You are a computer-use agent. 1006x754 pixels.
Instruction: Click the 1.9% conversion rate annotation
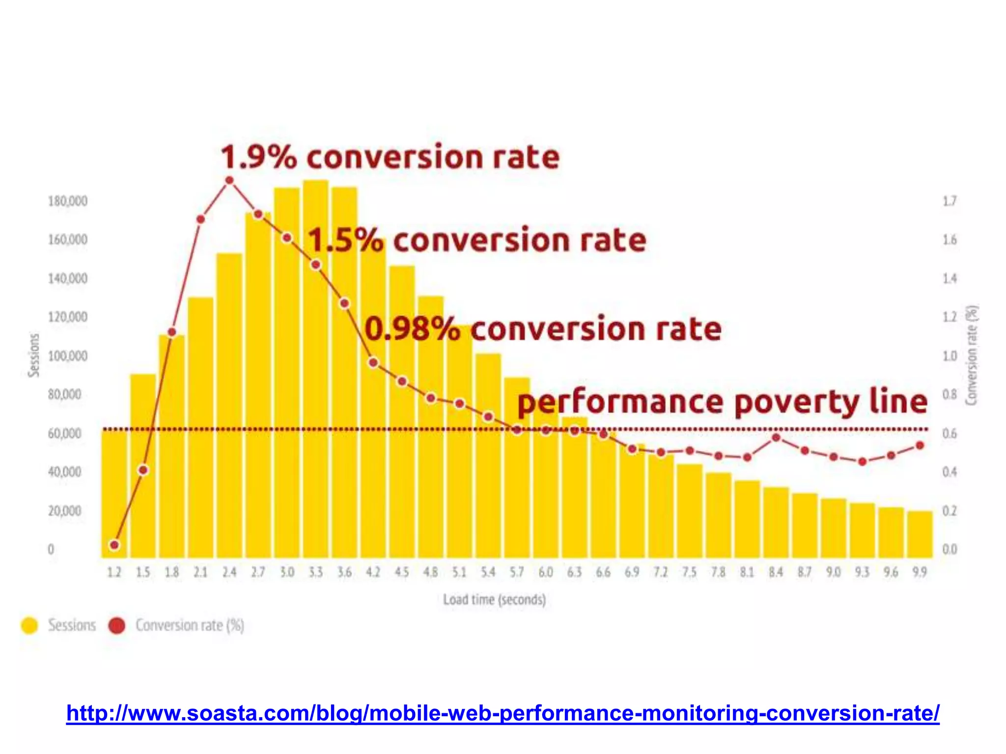click(x=390, y=158)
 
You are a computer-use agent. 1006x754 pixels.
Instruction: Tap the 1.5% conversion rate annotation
click(x=476, y=241)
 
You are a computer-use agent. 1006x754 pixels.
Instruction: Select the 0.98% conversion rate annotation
click(x=543, y=329)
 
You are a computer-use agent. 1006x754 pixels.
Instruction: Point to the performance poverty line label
click(x=722, y=403)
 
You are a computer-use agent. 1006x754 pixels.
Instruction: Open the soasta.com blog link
click(x=503, y=713)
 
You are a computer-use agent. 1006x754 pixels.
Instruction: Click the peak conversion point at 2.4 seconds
click(x=229, y=181)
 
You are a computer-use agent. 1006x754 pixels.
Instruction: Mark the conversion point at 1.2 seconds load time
click(x=114, y=545)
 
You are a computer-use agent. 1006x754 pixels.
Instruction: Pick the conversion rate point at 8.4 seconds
click(x=776, y=437)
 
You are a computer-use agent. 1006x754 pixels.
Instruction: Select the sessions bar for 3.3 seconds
click(x=315, y=368)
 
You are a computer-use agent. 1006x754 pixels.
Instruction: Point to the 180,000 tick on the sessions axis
click(x=68, y=201)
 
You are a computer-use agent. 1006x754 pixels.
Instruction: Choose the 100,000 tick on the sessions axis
click(x=68, y=356)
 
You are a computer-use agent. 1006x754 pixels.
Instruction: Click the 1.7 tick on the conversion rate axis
click(x=950, y=201)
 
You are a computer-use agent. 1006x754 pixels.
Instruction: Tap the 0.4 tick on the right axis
click(x=950, y=472)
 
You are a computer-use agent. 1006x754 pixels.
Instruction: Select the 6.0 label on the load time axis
click(x=545, y=572)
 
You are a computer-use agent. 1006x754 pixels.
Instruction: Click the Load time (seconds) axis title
click(x=494, y=600)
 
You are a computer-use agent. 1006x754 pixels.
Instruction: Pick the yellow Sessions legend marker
click(x=29, y=625)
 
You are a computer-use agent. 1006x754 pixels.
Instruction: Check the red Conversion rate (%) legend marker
click(x=117, y=625)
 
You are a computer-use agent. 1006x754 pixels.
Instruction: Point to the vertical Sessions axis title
click(x=33, y=355)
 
